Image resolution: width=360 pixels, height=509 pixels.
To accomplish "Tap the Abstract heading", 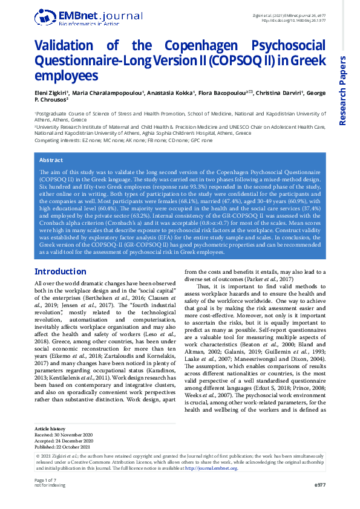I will [51, 160].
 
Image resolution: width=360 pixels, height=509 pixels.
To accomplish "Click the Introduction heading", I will [61, 271].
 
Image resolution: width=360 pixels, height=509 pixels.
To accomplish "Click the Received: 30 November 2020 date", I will [63, 434].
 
